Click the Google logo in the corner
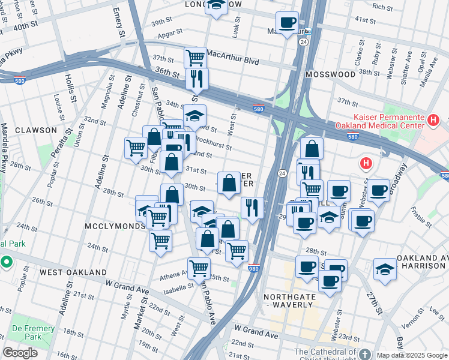pyautogui.click(x=20, y=353)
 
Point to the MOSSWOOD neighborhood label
pyautogui.click(x=330, y=74)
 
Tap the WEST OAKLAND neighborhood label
pyautogui.click(x=73, y=272)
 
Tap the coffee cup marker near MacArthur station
pyautogui.click(x=288, y=23)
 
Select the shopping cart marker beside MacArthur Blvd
pyautogui.click(x=196, y=58)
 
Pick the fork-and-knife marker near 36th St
pyautogui.click(x=197, y=78)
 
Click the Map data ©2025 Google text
pyautogui.click(x=412, y=355)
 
